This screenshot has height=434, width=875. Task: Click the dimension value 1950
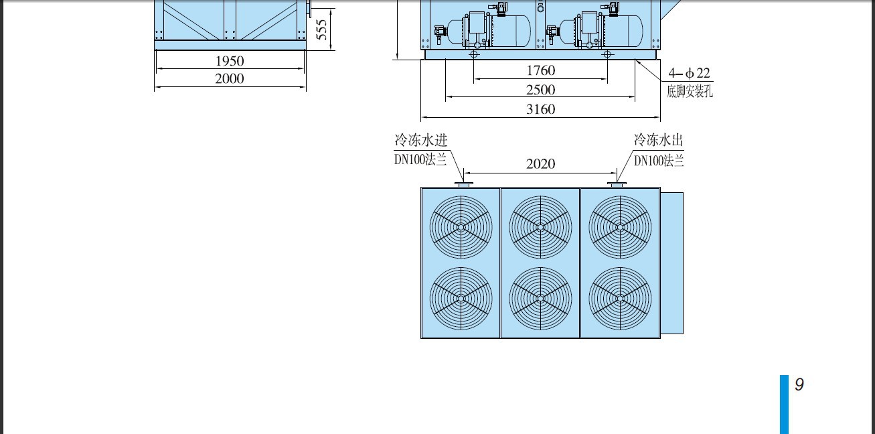coord(230,61)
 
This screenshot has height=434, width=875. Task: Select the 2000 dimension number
coord(230,78)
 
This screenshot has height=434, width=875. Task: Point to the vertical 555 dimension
coord(321,29)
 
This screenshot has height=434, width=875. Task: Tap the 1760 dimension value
coord(541,70)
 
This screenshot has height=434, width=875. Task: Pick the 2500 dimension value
coord(541,90)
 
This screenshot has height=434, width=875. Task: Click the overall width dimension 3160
coord(541,109)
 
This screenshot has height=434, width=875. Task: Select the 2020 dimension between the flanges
coord(541,163)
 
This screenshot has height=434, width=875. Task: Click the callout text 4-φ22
coord(689,73)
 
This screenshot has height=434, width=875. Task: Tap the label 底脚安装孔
coord(690,91)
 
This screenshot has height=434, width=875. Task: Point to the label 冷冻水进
coord(421,140)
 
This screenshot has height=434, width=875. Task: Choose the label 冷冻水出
coord(658,140)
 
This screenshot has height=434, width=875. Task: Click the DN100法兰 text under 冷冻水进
coord(420,160)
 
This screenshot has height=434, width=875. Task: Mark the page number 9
coord(799,384)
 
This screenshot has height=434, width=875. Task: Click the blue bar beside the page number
coord(784,405)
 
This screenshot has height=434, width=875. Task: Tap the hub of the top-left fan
coord(461,227)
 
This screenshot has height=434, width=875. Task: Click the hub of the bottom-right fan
coord(621,299)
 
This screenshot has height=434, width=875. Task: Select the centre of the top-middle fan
coord(541,227)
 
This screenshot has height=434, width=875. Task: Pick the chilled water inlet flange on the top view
coord(464,184)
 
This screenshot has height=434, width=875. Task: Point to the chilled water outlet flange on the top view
coord(617,184)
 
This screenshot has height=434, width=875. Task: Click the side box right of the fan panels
coord(672,263)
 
